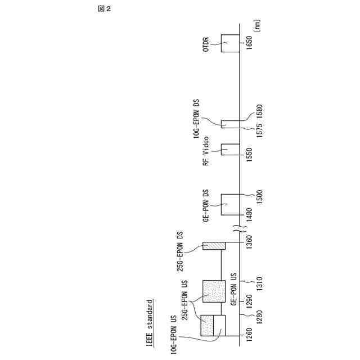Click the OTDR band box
[230, 43]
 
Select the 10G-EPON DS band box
[230, 124]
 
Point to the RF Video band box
[230, 149]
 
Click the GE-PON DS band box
[230, 204]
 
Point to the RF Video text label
[206, 151]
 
